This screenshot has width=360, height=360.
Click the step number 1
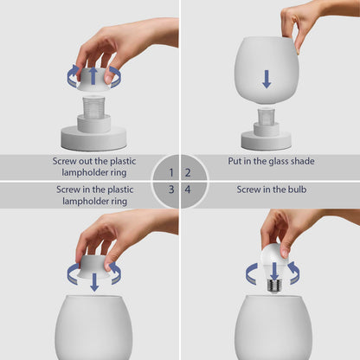tap(171, 173)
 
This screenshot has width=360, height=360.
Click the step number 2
tap(189, 173)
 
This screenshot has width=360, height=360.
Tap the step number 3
tap(171, 189)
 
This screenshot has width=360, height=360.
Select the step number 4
tap(189, 189)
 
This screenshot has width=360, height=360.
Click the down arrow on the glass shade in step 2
tap(267, 79)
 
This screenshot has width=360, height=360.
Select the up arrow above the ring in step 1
tap(94, 75)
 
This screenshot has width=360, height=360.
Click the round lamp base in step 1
tap(93, 137)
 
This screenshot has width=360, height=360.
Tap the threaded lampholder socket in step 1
tap(93, 107)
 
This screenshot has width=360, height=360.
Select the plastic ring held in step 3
tap(94, 275)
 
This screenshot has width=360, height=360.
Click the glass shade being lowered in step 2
tap(267, 69)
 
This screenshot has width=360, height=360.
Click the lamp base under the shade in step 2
tap(266, 138)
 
